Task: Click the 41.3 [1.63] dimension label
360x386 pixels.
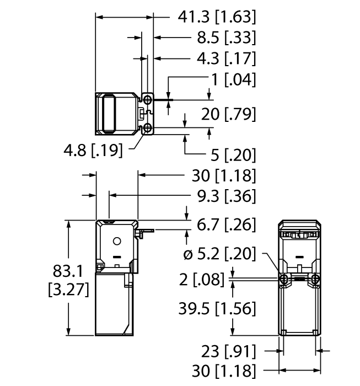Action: click(217, 18)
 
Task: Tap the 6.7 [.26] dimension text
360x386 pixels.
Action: click(227, 224)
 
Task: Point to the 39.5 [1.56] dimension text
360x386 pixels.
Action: click(217, 309)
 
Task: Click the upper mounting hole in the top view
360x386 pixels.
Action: click(148, 98)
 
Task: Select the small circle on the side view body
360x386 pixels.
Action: click(116, 242)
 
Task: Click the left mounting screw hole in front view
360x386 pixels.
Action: click(283, 280)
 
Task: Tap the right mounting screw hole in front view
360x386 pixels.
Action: click(315, 280)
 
